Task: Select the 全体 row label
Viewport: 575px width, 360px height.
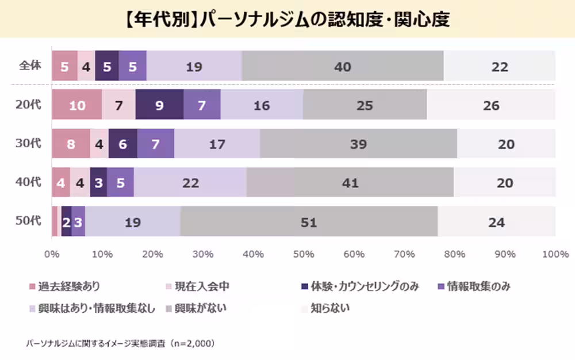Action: coord(28,66)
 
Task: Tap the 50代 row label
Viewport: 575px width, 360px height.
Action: coord(28,221)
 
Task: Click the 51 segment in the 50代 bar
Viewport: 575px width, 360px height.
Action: coord(309,221)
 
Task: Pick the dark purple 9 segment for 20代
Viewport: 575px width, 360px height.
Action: coord(159,105)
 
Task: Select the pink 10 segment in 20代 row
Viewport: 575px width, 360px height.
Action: coord(76,105)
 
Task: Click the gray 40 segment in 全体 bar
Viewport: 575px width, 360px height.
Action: coord(342,66)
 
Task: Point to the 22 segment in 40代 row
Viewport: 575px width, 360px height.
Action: coord(190,183)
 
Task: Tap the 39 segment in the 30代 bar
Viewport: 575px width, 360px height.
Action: coord(358,144)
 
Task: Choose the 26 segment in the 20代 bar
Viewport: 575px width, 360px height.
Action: coord(491,105)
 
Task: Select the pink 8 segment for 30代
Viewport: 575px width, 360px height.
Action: coord(71,144)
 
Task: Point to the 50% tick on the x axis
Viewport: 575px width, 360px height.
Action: coord(303,254)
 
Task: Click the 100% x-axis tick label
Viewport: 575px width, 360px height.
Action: coord(555,254)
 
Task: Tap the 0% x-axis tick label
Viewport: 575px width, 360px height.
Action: coord(52,254)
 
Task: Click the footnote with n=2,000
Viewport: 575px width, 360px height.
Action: coord(121,343)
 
